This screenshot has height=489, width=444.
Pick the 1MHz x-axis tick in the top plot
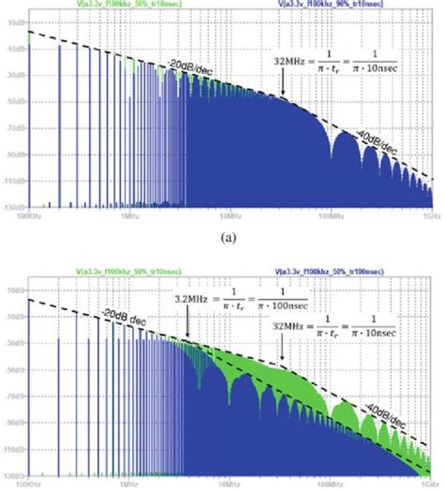[129, 216]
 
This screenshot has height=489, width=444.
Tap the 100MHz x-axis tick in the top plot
[331, 216]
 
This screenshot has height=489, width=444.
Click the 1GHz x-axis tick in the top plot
[431, 216]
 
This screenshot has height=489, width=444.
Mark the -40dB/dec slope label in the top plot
[377, 140]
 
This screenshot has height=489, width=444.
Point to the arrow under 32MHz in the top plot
[282, 84]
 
